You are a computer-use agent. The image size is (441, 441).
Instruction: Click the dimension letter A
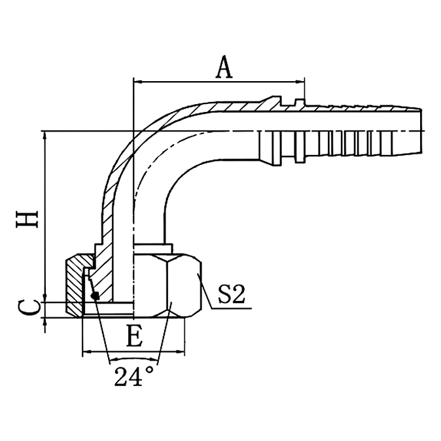224,67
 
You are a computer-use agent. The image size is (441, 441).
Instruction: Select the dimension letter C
27,306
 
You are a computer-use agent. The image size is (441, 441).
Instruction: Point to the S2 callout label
231,295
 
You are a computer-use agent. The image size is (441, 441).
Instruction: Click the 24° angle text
134,377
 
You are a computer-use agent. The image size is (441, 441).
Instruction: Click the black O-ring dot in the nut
96,296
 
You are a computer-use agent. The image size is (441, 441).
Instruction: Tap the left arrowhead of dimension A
137,82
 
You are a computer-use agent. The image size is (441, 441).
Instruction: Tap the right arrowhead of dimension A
302,82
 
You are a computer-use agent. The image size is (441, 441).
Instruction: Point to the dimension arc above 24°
134,359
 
